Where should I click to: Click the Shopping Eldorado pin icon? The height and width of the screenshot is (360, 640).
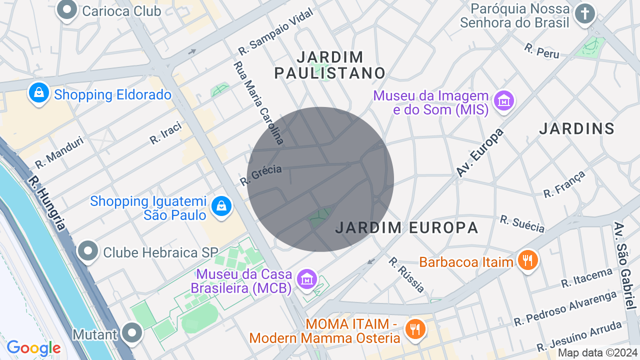38,93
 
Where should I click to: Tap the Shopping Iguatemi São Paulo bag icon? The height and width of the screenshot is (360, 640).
221,206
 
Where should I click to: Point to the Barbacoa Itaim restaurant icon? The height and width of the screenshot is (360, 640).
527,260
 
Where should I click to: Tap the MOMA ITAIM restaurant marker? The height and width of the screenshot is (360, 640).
415,329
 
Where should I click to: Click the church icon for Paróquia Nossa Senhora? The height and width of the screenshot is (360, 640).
584,13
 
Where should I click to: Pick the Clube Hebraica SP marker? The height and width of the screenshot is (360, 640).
88,251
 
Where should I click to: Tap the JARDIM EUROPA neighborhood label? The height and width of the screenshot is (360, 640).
406,228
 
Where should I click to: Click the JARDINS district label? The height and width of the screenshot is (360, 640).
576,129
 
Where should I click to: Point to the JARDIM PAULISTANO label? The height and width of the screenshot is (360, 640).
330,65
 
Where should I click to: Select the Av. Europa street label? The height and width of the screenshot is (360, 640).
479,152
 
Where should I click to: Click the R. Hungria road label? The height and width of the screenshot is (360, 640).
46,202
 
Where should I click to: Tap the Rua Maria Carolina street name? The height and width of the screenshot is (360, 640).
259,103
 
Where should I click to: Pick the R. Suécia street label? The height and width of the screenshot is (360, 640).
522,224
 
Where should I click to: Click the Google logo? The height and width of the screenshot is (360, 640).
33,348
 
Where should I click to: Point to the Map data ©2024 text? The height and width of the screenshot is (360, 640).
597,353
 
